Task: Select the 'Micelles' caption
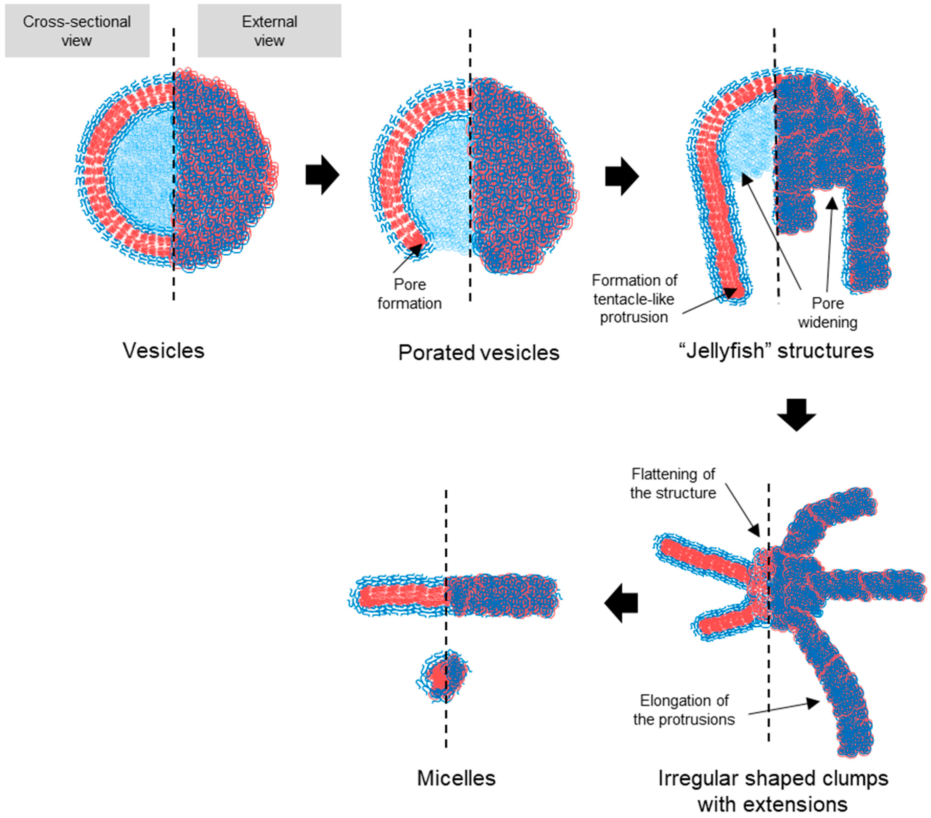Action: (456, 778)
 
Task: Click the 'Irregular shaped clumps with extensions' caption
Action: (773, 791)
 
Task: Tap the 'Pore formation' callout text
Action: (409, 294)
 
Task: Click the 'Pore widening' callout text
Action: (828, 313)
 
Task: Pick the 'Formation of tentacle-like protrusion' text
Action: (634, 299)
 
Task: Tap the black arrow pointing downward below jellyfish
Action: (796, 414)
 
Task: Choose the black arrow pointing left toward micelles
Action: (621, 603)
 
